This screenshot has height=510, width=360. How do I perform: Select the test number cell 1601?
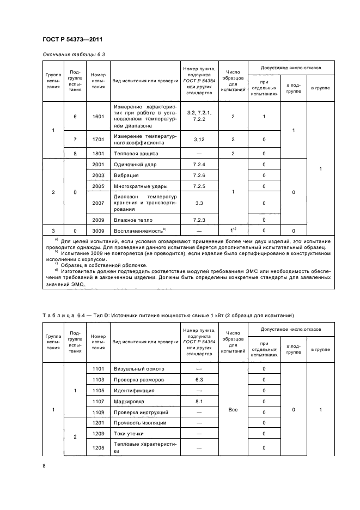point(98,116)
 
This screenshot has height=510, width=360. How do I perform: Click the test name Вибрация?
point(126,175)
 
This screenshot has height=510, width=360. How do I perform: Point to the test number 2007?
point(98,203)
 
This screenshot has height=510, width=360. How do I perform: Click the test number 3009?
point(98,231)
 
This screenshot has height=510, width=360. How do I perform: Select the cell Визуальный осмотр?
point(138,369)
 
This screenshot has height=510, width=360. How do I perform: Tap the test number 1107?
point(98,402)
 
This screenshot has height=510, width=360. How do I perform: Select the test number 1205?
point(98,448)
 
